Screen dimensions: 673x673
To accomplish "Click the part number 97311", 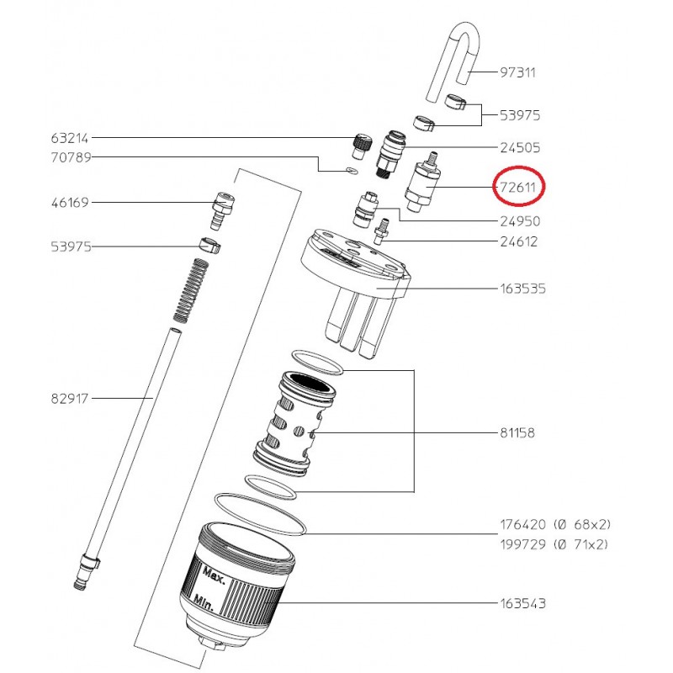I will [518, 73].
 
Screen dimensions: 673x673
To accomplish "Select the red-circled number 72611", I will [518, 187].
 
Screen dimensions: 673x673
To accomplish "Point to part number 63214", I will [70, 138].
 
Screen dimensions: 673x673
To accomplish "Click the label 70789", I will [70, 157].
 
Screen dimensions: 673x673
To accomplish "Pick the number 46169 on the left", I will [70, 203].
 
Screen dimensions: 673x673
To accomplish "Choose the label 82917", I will [70, 397].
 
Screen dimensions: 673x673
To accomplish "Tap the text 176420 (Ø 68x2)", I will [555, 525].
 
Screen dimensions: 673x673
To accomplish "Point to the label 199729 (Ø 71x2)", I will [555, 544].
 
